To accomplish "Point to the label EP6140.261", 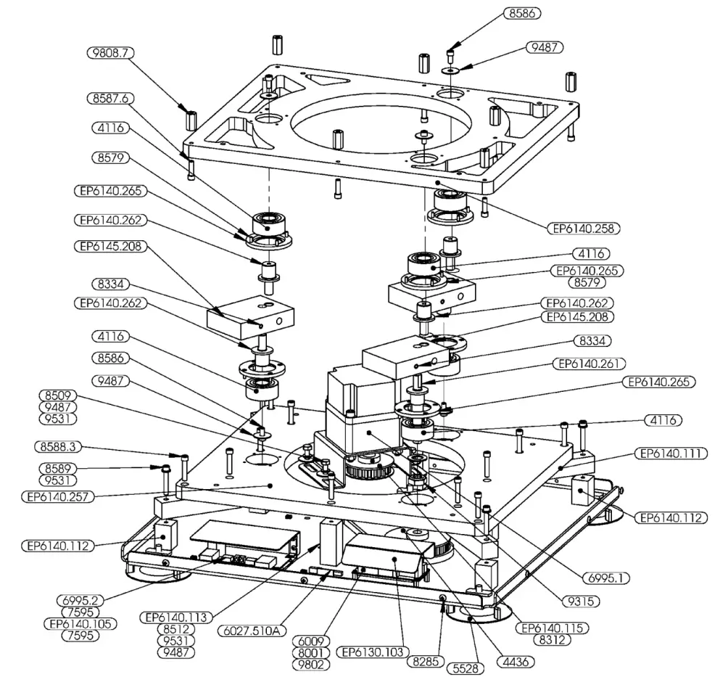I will click(588, 363).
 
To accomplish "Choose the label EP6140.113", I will click(177, 618).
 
